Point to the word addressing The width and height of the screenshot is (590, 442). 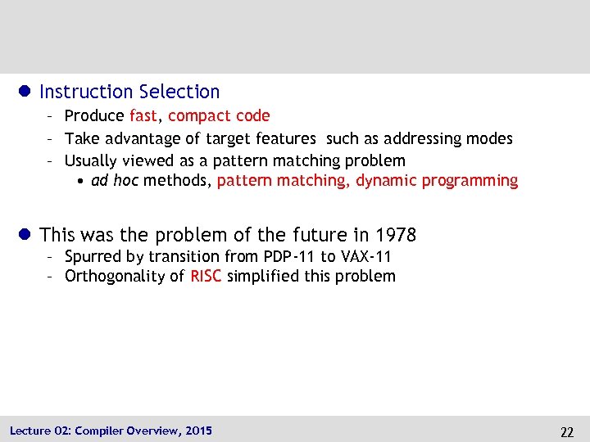coord(410,138)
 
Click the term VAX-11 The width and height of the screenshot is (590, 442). coord(365,256)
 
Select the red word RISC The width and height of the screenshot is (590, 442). coord(206,276)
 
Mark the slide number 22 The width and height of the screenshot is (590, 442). coord(566,431)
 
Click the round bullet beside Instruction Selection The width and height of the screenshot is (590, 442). coord(25,92)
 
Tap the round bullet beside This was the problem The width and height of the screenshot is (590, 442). coord(25,235)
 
